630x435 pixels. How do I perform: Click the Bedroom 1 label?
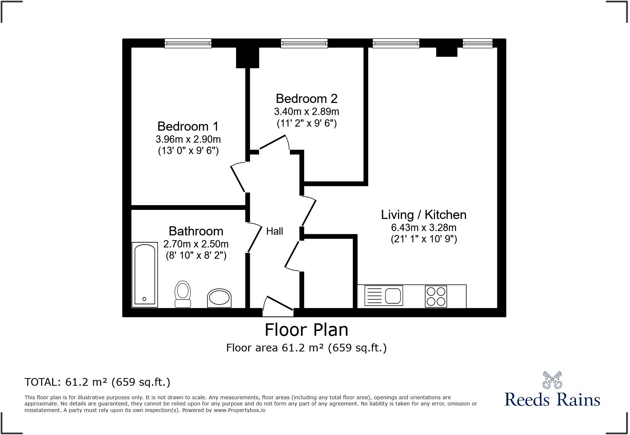point(188,126)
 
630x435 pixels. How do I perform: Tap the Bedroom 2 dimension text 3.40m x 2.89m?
point(306,111)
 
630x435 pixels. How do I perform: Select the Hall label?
point(274,231)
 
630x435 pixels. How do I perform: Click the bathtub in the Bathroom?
point(145,274)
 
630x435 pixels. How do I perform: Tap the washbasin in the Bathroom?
point(219,298)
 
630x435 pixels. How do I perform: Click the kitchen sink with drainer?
point(384,296)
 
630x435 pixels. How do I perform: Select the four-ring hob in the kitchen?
point(436,296)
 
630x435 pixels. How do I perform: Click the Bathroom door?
point(255,239)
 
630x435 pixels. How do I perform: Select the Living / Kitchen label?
point(424,215)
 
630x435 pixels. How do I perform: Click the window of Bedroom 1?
point(188,43)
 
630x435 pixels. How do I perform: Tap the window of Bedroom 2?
point(304,43)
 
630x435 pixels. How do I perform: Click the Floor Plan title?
point(306,330)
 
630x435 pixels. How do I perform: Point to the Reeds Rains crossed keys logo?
point(552,380)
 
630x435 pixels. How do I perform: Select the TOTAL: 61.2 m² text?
point(97,382)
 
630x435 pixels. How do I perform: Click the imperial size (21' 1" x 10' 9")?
point(424,239)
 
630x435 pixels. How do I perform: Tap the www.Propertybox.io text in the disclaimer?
point(239,410)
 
